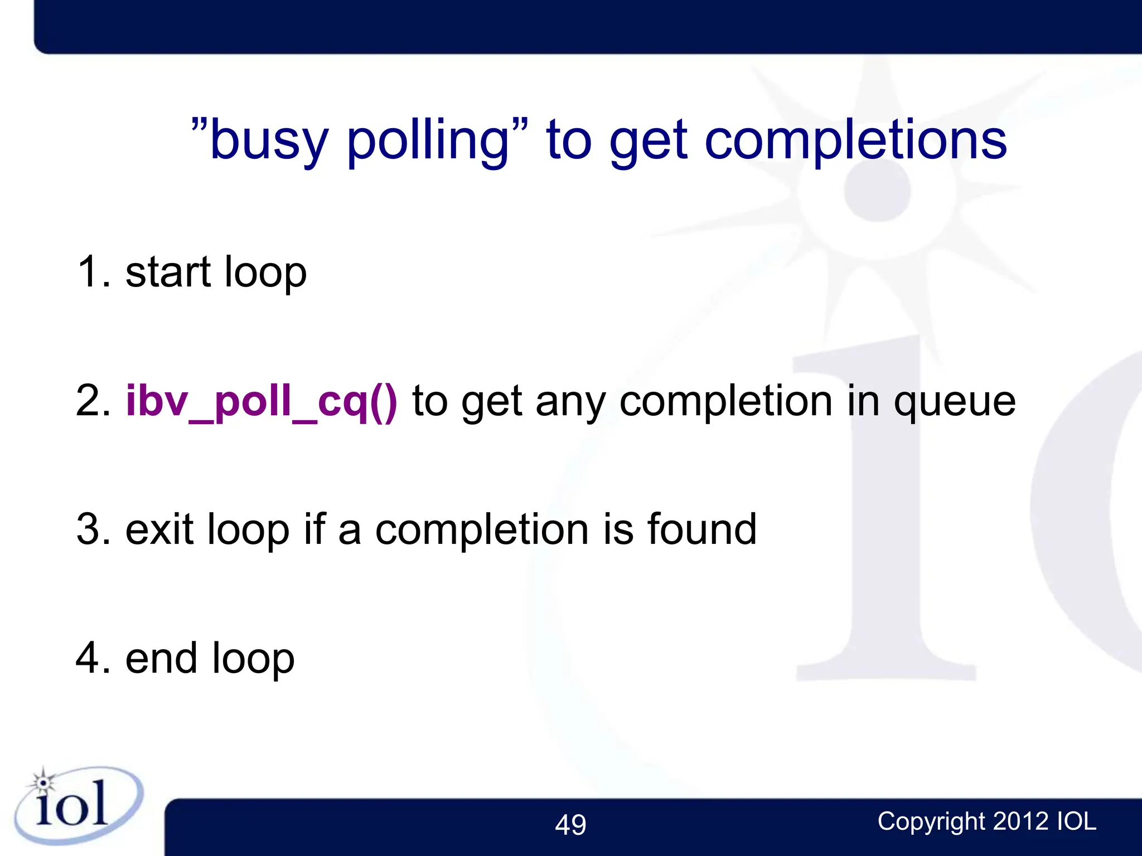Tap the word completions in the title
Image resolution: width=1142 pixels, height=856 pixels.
tap(855, 140)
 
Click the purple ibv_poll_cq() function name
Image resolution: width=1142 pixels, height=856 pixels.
tap(262, 401)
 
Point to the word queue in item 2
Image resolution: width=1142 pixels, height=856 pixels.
tap(955, 402)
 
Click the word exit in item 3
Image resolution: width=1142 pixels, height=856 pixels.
tap(159, 529)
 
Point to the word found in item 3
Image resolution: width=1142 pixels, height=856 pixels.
tap(701, 529)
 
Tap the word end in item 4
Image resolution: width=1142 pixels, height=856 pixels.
tap(162, 659)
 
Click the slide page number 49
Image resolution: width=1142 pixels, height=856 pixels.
tap(570, 825)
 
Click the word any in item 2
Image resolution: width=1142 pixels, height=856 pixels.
tap(570, 402)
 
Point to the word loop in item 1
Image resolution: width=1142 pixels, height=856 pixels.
tap(265, 273)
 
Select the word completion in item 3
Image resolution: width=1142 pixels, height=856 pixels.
tap(482, 530)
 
